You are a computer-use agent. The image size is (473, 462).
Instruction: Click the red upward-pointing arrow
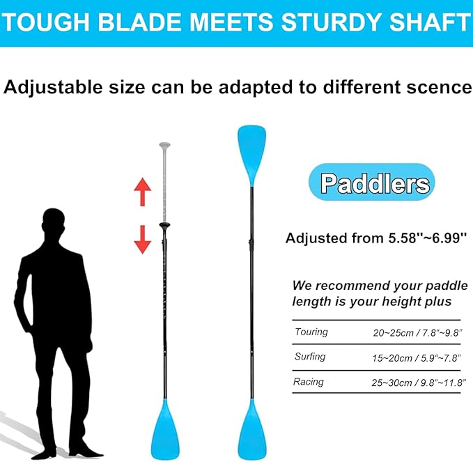click(x=142, y=192)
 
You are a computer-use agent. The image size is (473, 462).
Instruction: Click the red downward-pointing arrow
click(x=142, y=239)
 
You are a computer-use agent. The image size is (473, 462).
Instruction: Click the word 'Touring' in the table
click(x=311, y=332)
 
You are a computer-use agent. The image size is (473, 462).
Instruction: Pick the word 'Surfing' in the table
click(x=310, y=357)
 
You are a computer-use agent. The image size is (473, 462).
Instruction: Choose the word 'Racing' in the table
click(x=309, y=382)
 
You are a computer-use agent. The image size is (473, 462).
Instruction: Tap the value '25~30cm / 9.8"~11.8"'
click(x=416, y=383)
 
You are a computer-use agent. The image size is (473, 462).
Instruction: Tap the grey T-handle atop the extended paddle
click(x=164, y=147)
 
